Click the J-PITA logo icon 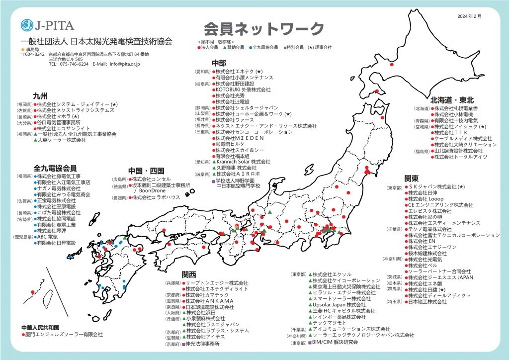pyautogui.click(x=27, y=25)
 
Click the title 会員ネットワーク pyautogui.click(x=263, y=28)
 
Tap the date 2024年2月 pyautogui.click(x=469, y=16)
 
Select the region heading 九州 pyautogui.click(x=40, y=95)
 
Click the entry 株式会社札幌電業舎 pyautogui.click(x=456, y=108)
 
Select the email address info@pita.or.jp pyautogui.click(x=125, y=64)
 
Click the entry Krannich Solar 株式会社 pyautogui.click(x=243, y=162)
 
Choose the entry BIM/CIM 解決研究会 pyautogui.click(x=335, y=342)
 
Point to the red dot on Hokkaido pyautogui.click(x=392, y=65)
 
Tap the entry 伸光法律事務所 pyautogui.click(x=203, y=344)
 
